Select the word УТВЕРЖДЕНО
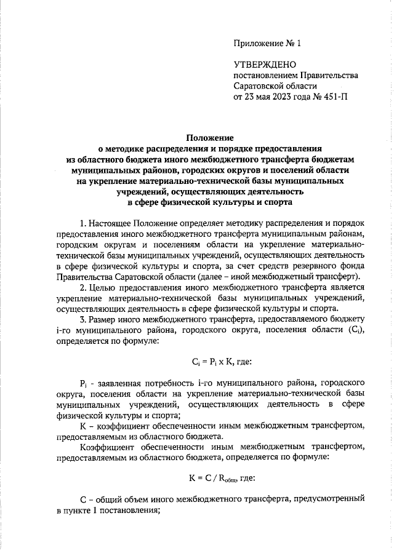265,65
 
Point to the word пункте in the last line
86,510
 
